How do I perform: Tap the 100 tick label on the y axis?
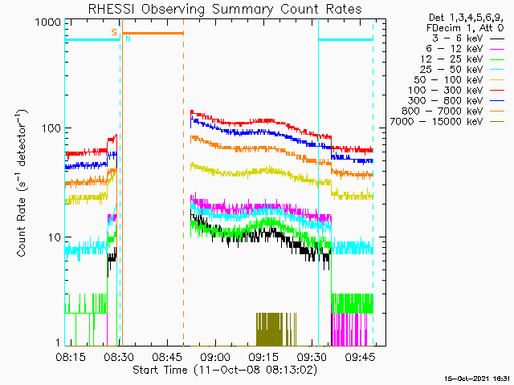coord(51,128)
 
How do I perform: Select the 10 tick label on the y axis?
coord(54,237)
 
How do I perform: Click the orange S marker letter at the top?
coord(114,31)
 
